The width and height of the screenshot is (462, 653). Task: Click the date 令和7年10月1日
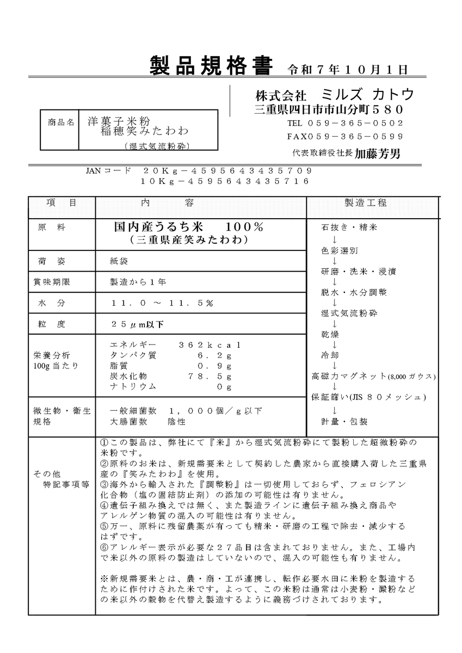pos(347,70)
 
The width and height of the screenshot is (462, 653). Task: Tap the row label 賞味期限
pos(52,282)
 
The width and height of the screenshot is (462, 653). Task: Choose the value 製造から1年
pos(138,282)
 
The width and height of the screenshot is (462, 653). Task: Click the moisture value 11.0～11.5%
pos(162,303)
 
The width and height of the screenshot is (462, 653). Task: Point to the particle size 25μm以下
pos(137,324)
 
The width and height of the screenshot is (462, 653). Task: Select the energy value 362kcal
pos(210,345)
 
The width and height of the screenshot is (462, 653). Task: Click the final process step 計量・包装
pos(344,421)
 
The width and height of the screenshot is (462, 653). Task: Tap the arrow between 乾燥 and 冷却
pos(334,344)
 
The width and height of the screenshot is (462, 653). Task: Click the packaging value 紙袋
pos(119,261)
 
